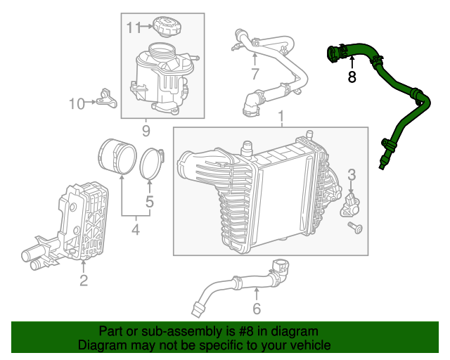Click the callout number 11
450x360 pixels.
pyautogui.click(x=134, y=27)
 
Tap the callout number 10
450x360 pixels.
pyautogui.click(x=76, y=103)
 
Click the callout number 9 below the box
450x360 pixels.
pyautogui.click(x=146, y=130)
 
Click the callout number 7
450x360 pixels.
pyautogui.click(x=255, y=73)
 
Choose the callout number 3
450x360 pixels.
pyautogui.click(x=352, y=174)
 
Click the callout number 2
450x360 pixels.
pyautogui.click(x=83, y=281)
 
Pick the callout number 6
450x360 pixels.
pyautogui.click(x=257, y=308)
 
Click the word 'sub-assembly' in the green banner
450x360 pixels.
pyautogui.click(x=166, y=331)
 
